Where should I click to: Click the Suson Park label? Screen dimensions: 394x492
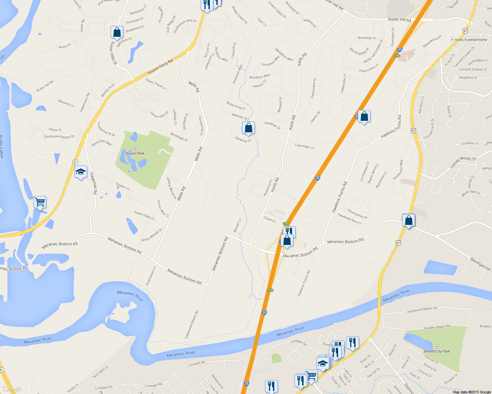[135, 153]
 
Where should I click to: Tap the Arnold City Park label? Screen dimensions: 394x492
[437, 351]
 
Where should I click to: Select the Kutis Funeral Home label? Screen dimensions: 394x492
[471, 40]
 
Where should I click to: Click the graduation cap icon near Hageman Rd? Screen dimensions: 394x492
[81, 172]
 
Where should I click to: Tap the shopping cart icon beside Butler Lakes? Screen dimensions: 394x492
[40, 202]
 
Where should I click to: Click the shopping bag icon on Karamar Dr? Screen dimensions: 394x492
[248, 128]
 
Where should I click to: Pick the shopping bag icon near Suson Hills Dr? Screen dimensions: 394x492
[117, 33]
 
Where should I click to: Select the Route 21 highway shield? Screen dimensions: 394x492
[75, 162]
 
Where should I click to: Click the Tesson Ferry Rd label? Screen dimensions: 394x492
[160, 67]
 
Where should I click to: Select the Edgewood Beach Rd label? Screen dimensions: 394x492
[192, 324]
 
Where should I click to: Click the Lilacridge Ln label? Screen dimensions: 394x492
[304, 146]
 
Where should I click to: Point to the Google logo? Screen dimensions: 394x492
[12, 389]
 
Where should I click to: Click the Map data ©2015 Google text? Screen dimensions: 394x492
[472, 392]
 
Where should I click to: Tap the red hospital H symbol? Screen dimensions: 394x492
[412, 54]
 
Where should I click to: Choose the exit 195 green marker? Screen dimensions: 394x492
[397, 56]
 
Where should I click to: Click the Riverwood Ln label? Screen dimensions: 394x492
[151, 276]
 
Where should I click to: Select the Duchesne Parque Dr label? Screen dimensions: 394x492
[59, 137]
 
